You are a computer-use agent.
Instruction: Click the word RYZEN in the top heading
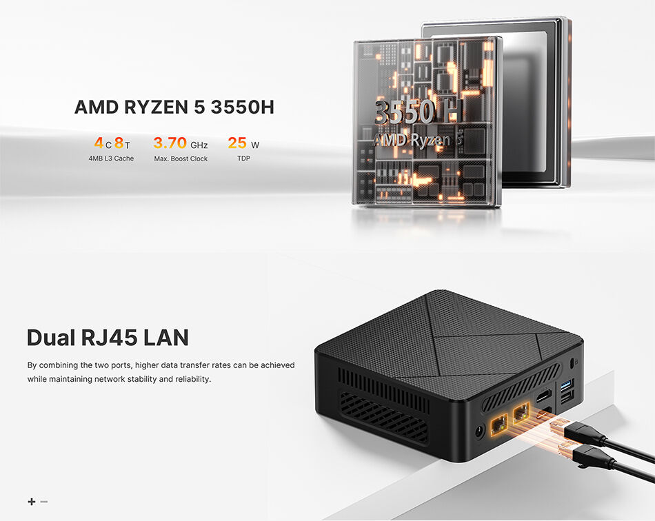(x=156, y=108)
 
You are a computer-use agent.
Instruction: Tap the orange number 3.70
(x=170, y=143)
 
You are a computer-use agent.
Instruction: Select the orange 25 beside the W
(x=237, y=143)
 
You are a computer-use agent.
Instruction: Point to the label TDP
(x=243, y=159)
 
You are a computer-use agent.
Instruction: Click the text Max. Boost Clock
(x=181, y=159)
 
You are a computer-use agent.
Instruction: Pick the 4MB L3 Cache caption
(x=111, y=159)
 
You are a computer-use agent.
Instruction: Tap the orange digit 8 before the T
(x=119, y=143)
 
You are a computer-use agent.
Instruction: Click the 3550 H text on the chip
(x=418, y=112)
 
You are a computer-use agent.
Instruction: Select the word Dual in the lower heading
(x=51, y=338)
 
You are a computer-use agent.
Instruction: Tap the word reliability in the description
(x=192, y=379)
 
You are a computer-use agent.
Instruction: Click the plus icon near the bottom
(x=32, y=502)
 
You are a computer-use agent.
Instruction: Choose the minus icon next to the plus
(x=44, y=502)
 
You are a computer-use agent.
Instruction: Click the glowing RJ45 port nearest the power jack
(x=499, y=425)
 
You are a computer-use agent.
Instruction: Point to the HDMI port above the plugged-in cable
(x=543, y=396)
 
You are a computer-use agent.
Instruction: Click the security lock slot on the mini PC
(x=572, y=363)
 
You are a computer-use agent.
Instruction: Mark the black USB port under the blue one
(x=567, y=397)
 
